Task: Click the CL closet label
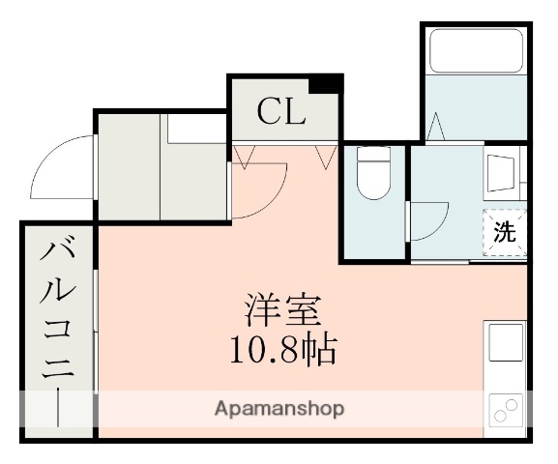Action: tap(280, 113)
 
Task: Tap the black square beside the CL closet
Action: tap(332, 83)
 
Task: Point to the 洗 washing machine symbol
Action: tap(505, 231)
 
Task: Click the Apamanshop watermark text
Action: tap(279, 408)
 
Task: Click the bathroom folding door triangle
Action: tap(436, 127)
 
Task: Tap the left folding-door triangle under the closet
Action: tap(243, 158)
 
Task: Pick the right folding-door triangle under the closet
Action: tap(326, 157)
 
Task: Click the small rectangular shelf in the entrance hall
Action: tap(193, 131)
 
